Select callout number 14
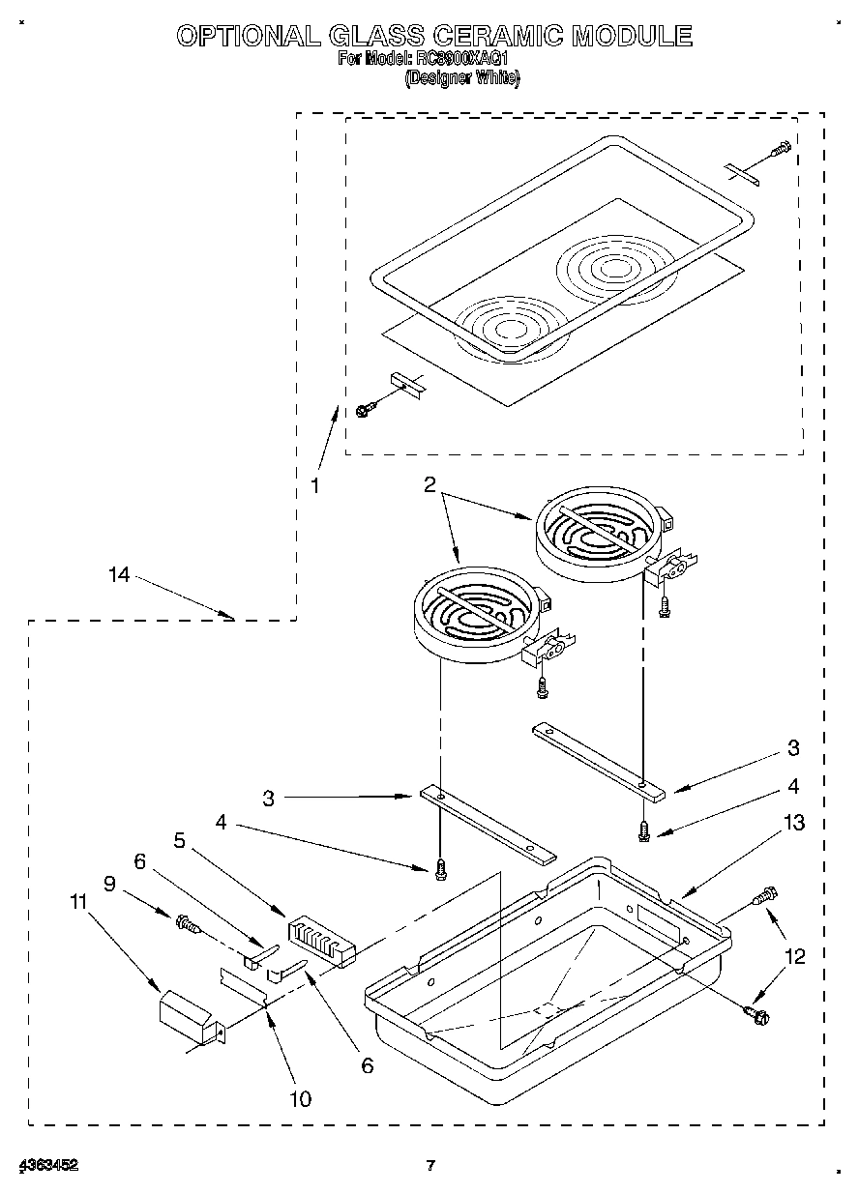tap(118, 575)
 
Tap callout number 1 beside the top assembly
tap(314, 486)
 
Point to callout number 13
tap(794, 823)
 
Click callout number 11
tap(78, 901)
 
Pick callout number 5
tap(179, 841)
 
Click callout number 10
tap(300, 1098)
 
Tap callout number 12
tap(794, 957)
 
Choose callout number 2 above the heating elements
tap(429, 485)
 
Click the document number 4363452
tap(45, 1165)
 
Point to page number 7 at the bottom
tap(431, 1165)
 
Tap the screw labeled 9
tap(185, 925)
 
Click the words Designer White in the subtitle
tap(461, 80)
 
